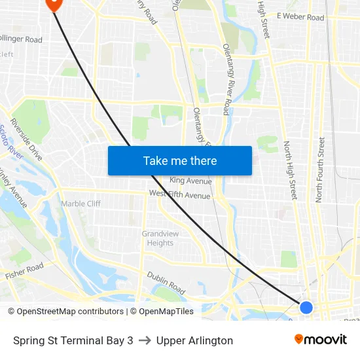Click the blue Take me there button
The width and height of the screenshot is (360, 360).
(x=179, y=160)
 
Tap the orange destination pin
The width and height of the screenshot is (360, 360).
(x=52, y=3)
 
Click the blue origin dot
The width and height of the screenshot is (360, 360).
(x=306, y=307)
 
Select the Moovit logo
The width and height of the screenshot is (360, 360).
(x=320, y=340)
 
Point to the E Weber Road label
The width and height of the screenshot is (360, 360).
(x=300, y=17)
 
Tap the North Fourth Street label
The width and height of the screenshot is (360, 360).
(x=320, y=169)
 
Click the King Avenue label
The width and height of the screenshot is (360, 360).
(x=190, y=181)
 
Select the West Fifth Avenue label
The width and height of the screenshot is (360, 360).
(x=179, y=194)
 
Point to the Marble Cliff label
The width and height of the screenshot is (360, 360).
(x=81, y=204)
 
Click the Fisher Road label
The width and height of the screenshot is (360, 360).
(x=24, y=271)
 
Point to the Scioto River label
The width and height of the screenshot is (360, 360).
(x=11, y=141)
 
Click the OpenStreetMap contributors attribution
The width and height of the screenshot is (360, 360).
(x=65, y=312)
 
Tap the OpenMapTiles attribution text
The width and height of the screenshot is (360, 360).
(x=166, y=312)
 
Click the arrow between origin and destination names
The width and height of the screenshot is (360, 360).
(x=145, y=340)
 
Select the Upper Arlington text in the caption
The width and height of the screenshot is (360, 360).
(x=194, y=340)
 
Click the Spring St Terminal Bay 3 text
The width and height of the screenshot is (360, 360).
(x=73, y=340)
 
